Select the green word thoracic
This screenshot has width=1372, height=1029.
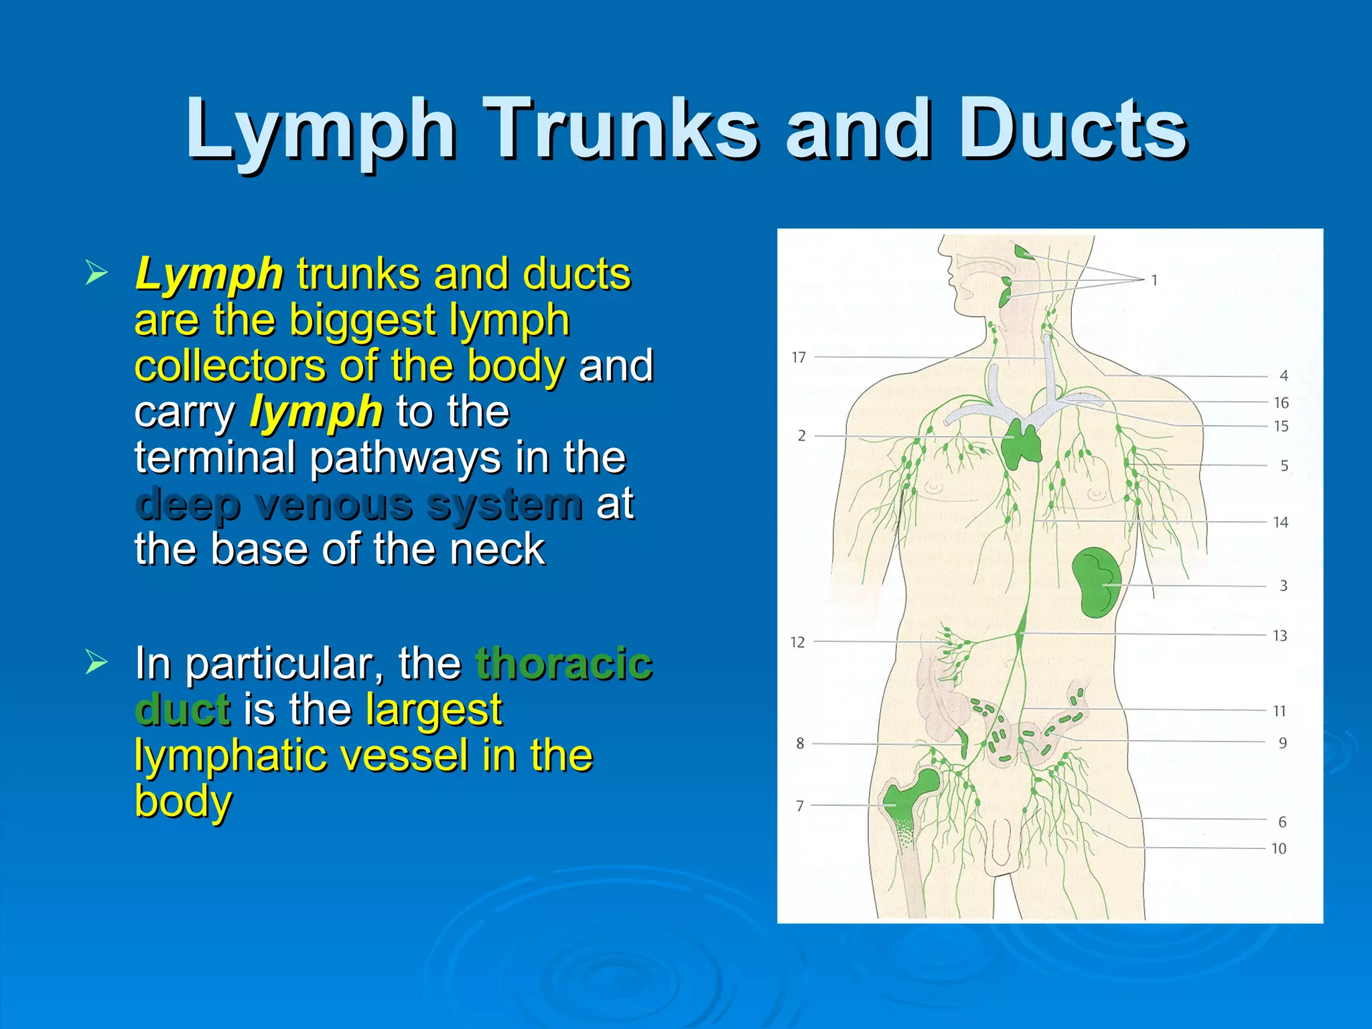[563, 663]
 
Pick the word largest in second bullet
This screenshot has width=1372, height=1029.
[434, 709]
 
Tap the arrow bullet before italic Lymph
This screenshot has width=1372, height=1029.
[96, 273]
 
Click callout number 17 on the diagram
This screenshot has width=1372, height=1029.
[799, 358]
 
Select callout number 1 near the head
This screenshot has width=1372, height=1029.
[1154, 280]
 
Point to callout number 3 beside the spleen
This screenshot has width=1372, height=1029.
[1284, 586]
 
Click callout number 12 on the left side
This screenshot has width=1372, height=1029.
[797, 642]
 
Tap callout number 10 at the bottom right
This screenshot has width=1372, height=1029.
[1279, 849]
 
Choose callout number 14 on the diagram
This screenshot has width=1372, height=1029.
[1280, 522]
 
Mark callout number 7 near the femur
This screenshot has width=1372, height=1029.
[799, 806]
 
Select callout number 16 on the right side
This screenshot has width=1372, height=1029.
[1281, 403]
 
